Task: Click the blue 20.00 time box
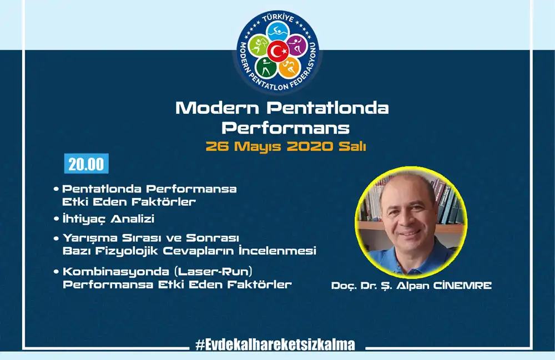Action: coord(87,164)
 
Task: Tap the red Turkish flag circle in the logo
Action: coord(278,51)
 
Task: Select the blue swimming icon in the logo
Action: coord(278,32)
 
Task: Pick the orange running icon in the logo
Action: coord(290,68)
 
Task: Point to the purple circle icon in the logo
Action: coord(296,46)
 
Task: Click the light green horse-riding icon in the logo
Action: coord(259,46)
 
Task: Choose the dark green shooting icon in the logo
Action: coord(266,68)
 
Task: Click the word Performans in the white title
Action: coord(286,128)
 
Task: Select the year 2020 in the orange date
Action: coord(310,146)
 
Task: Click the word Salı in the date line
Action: coord(352,146)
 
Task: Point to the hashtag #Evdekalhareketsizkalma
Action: coord(275,344)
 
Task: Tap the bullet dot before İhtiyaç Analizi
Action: coord(56,219)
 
